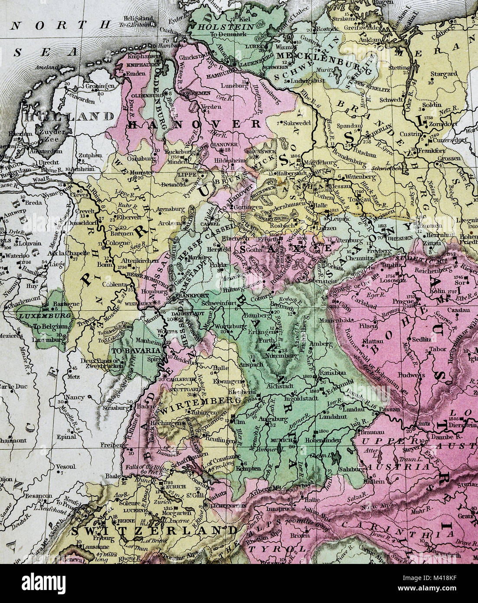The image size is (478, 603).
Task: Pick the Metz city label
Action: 75,377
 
